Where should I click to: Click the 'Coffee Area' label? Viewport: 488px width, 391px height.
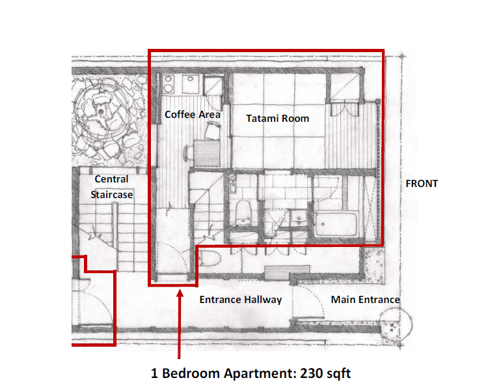192,114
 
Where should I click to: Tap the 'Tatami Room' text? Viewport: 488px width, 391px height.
277,119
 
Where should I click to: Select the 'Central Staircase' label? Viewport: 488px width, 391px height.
111,186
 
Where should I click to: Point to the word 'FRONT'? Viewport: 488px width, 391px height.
422,184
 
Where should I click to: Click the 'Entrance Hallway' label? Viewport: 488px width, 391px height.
240,300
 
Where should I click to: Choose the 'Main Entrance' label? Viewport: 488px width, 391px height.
365,300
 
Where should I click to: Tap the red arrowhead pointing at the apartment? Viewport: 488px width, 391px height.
180,295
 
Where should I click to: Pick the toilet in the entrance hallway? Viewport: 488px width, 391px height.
210,259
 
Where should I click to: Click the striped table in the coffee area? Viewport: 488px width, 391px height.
207,154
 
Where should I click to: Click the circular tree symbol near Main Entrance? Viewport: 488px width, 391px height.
394,324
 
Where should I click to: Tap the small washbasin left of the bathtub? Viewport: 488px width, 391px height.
299,220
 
